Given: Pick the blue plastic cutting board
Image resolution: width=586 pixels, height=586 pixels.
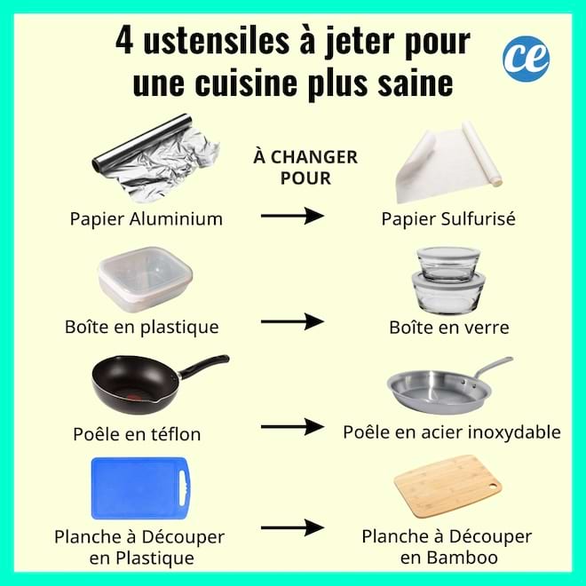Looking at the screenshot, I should (140, 487).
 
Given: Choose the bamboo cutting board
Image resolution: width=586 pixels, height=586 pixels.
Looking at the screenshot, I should (443, 486).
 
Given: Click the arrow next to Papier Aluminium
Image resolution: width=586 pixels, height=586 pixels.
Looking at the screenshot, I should (290, 215).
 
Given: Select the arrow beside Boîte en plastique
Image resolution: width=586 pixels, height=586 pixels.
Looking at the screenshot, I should (290, 321).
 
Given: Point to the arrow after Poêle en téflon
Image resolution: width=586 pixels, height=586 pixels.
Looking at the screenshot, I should (290, 427).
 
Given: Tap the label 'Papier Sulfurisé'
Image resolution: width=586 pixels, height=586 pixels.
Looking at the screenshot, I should (448, 219).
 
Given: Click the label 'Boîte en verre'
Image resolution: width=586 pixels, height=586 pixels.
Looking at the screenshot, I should (448, 328).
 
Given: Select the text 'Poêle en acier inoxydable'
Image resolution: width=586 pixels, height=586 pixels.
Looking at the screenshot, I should (452, 432).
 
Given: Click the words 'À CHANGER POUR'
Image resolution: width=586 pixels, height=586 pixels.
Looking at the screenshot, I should (305, 167).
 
